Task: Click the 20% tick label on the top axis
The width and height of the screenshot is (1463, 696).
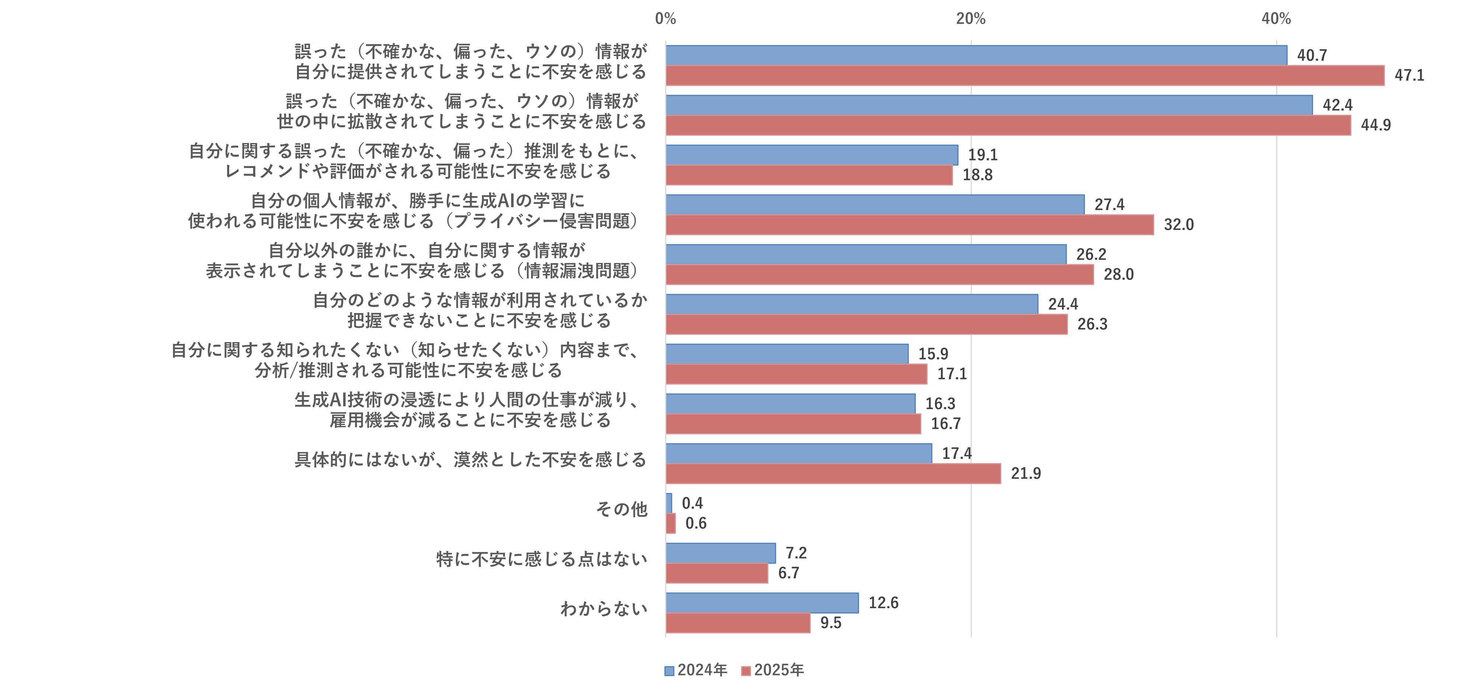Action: [x=971, y=19]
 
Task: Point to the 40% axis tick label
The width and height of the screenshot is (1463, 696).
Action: [x=1276, y=19]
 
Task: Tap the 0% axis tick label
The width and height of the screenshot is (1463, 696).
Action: [x=665, y=19]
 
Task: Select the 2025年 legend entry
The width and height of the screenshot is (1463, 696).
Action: [x=773, y=671]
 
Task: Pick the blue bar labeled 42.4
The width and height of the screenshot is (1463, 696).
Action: [x=988, y=105]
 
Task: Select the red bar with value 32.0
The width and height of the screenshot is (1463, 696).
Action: [x=909, y=225]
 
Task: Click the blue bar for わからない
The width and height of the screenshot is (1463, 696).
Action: [x=762, y=603]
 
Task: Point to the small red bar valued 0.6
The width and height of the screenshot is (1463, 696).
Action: [x=671, y=523]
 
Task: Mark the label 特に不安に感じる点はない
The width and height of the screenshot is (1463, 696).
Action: [x=541, y=559]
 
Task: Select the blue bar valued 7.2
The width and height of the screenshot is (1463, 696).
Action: [x=720, y=553]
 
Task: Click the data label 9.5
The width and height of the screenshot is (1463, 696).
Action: [x=830, y=623]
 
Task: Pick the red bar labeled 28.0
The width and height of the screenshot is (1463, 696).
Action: [x=879, y=274]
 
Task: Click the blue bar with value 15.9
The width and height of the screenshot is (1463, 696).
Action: [x=786, y=354]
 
